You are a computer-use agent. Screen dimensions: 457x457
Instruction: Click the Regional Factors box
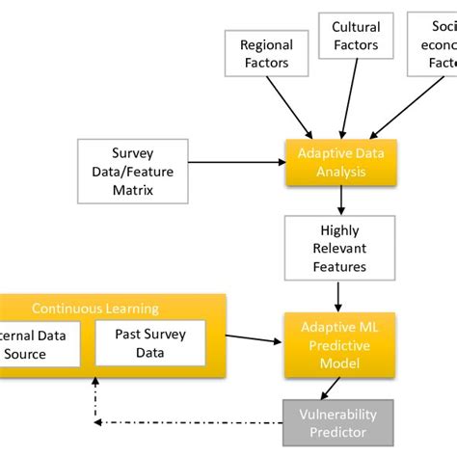point(265,54)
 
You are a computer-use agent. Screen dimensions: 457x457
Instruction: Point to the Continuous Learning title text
point(95,309)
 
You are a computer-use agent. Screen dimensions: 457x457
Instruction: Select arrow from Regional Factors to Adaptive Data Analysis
point(290,106)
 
